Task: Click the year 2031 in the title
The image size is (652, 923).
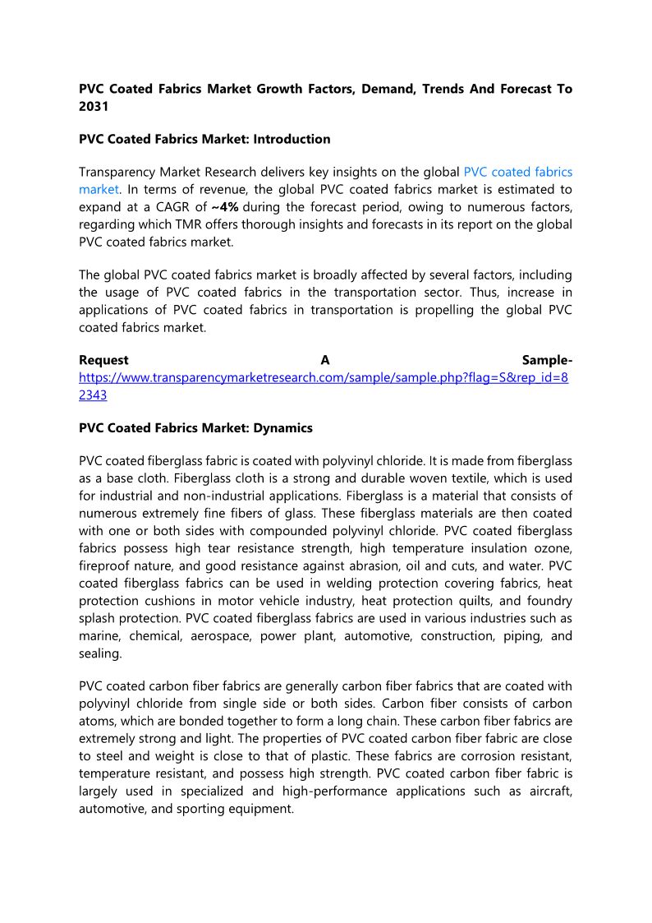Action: coord(93,106)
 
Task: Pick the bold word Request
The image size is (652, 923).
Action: coord(103,360)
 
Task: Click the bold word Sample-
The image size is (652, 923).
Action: coord(547,360)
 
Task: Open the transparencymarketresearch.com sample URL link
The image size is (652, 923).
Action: coord(324,377)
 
